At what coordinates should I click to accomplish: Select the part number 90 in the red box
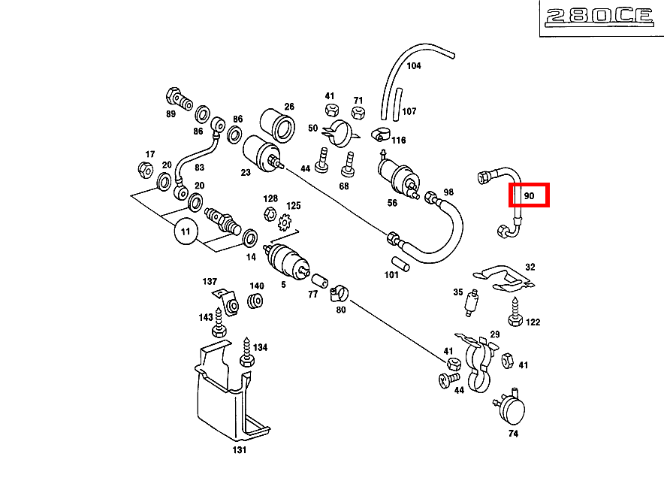coord(529,195)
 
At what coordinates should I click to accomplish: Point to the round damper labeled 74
coord(512,410)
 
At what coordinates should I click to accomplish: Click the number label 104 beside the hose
coord(413,65)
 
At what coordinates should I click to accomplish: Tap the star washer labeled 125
coord(285,222)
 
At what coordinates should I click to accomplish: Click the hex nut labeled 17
coord(145,170)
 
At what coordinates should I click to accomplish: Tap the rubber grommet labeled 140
coord(255,302)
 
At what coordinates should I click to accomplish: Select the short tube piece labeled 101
coord(403,264)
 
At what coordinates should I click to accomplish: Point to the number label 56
coord(391,204)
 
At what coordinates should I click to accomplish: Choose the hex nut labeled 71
coord(358,113)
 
